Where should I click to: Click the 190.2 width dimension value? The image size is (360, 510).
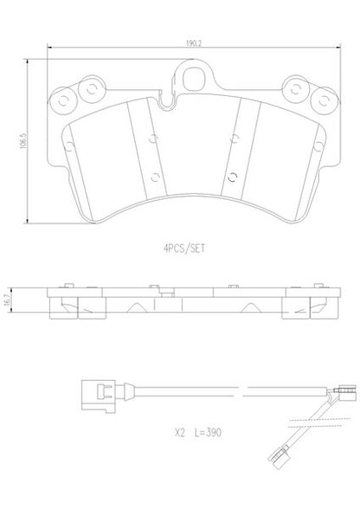point(194,43)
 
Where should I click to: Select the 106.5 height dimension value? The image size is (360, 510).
point(23,140)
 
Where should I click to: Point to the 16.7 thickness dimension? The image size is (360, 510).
point(7,300)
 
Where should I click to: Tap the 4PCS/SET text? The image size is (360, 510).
point(184,249)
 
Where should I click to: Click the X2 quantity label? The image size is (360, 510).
point(180,433)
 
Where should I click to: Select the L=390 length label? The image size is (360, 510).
point(208,433)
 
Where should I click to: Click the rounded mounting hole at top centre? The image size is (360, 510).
point(194,79)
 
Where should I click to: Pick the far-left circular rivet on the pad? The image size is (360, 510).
point(63,101)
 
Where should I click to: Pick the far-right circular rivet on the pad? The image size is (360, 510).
point(324,100)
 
